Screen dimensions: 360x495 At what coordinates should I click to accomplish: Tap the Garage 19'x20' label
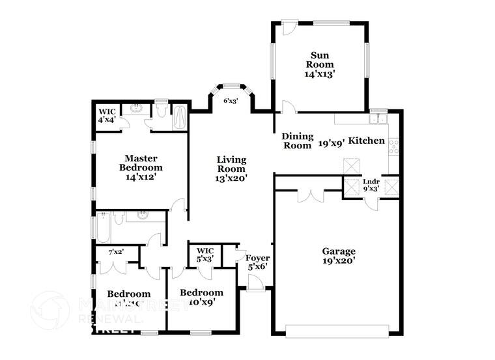pos(339,256)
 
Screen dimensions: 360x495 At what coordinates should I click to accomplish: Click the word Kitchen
pos(367,141)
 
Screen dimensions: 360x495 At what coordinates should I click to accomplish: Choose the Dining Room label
pos(297,141)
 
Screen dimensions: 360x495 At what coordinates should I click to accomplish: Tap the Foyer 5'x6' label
pos(257,262)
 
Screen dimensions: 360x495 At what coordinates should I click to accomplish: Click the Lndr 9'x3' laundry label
pos(371,185)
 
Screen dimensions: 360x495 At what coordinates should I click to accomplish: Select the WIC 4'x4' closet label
pos(107,116)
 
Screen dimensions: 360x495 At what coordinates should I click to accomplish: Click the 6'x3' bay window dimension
pos(230,101)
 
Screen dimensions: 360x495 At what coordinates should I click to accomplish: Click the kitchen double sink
pos(377,118)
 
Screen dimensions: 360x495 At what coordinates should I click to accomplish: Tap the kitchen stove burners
pos(393,146)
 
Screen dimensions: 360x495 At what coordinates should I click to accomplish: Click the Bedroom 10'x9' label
pos(201,297)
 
